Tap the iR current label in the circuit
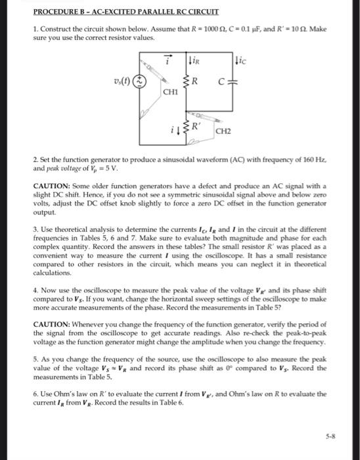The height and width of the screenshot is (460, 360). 194,62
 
